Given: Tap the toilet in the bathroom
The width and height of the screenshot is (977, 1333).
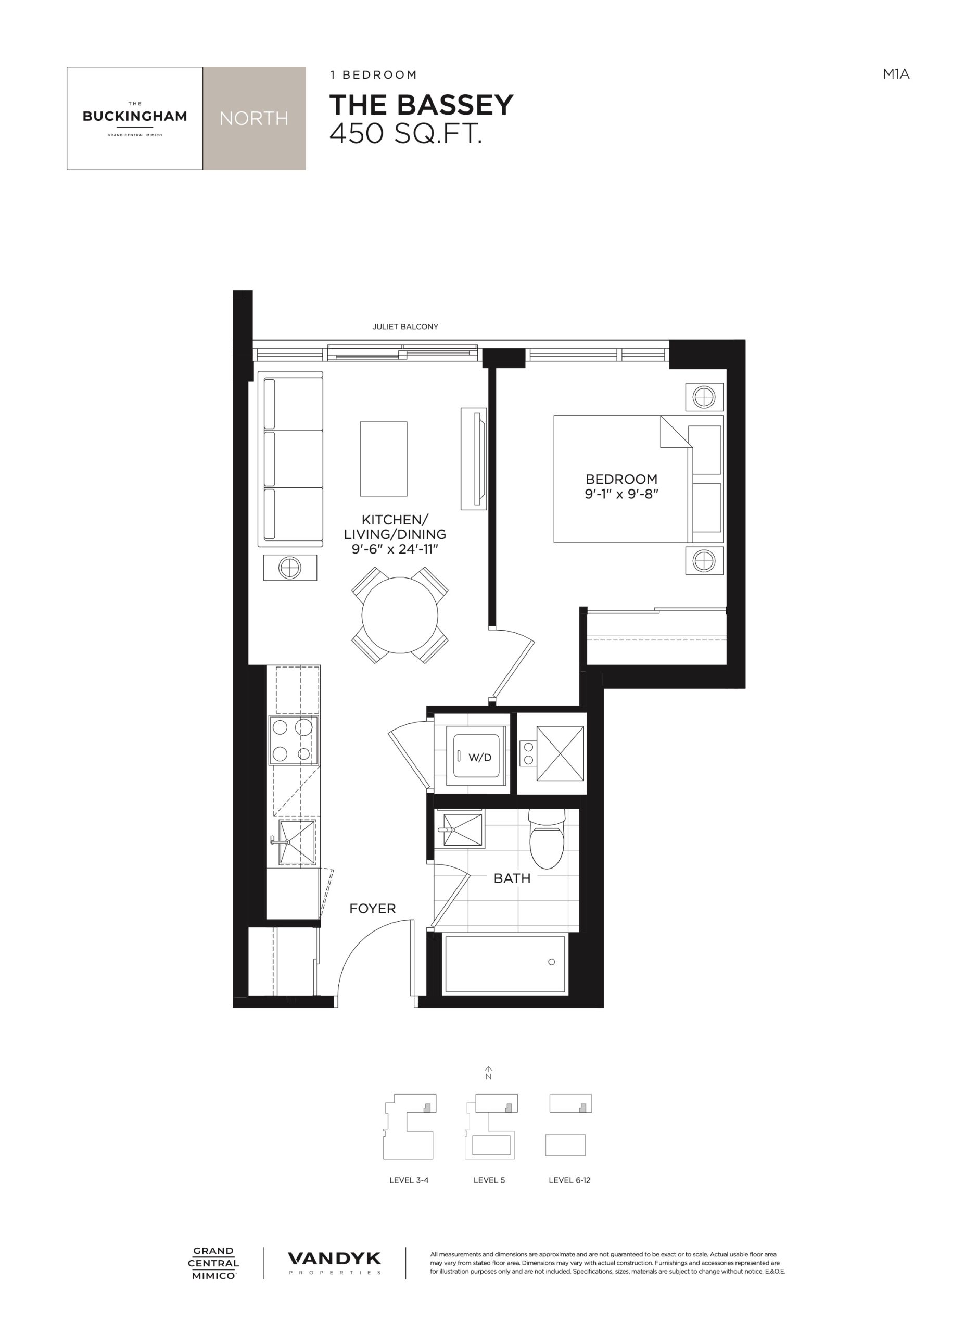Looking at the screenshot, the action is click(x=547, y=838).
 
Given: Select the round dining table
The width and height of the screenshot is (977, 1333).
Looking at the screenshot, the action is click(x=400, y=615).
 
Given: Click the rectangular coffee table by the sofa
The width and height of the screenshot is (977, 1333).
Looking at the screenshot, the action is click(x=384, y=459).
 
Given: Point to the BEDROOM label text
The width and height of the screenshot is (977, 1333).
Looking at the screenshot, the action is click(x=621, y=479).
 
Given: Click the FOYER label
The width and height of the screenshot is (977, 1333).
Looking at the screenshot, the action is click(x=373, y=909).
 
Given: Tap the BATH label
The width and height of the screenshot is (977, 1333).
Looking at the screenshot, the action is click(x=512, y=878).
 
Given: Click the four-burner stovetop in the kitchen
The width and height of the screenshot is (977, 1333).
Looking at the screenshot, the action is click(x=294, y=740).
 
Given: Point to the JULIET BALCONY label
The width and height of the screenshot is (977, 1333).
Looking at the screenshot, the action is click(x=405, y=326).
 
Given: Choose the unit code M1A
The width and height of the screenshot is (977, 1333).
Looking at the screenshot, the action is click(x=896, y=74).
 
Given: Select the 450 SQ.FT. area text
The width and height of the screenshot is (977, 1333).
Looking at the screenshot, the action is click(x=405, y=134).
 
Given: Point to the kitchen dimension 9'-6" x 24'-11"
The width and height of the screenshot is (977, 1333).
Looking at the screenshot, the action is click(x=395, y=548).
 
